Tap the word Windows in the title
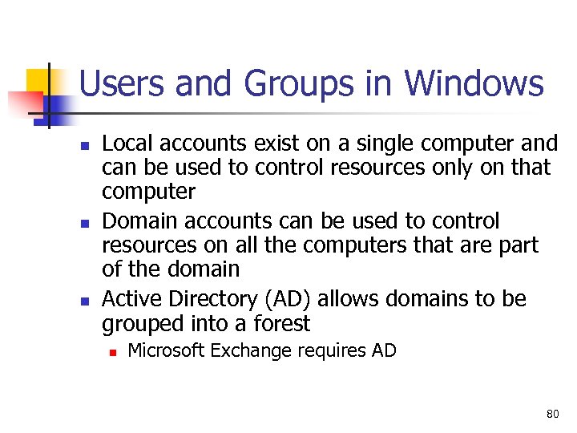(x=474, y=83)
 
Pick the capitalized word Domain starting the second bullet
(x=140, y=221)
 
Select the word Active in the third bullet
(x=131, y=298)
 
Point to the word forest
(x=280, y=323)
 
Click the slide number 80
(x=552, y=414)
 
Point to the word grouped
(x=139, y=324)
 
